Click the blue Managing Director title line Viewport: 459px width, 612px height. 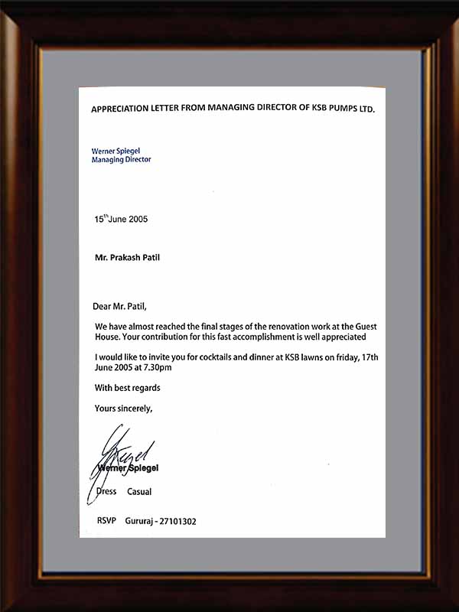coord(122,160)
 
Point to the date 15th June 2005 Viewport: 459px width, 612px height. coord(121,219)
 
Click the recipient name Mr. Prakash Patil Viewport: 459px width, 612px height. coord(127,257)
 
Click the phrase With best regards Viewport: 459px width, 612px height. coord(128,388)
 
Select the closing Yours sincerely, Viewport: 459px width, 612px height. coord(123,409)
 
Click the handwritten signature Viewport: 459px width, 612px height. coord(122,455)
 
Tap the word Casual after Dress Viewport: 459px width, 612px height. coord(139,492)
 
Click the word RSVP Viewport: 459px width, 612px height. coord(105,521)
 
